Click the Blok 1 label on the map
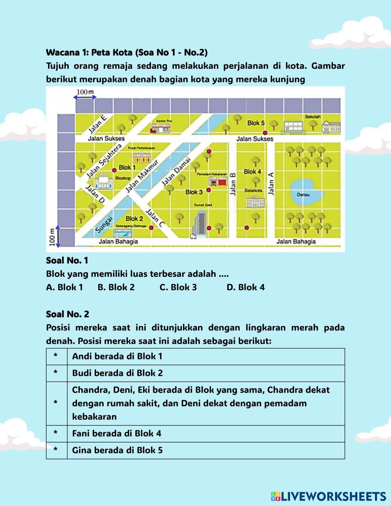pos(127,167)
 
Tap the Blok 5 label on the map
pos(256,123)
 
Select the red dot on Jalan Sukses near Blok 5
pos(265,133)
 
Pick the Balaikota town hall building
pos(255,201)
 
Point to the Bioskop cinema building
pos(104,180)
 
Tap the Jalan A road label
pos(271,183)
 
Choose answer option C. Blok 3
pos(178,287)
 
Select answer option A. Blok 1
pos(65,287)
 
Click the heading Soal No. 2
pos(68,314)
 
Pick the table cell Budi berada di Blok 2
pos(117,373)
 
